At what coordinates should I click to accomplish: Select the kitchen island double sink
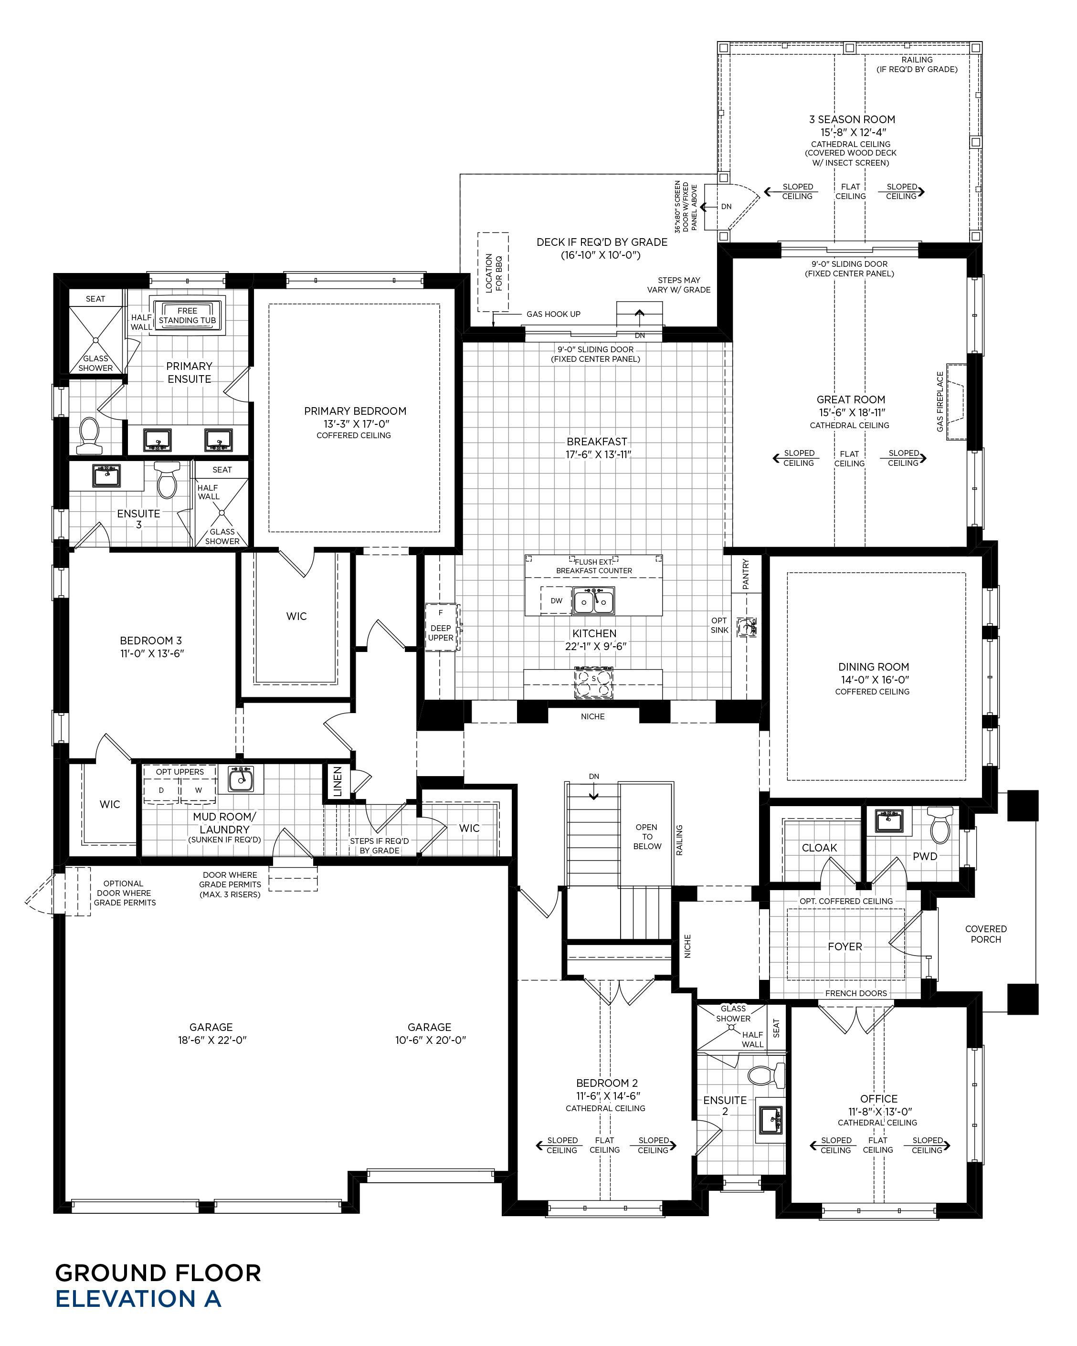[594, 601]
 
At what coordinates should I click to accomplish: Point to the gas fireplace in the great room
[955, 401]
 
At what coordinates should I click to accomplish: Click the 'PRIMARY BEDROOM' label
[355, 411]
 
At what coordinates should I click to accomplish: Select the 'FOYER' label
[845, 946]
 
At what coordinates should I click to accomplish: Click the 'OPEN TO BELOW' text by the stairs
[647, 837]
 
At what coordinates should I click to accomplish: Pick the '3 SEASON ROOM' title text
[852, 119]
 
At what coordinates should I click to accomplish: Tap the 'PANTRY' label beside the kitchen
[746, 574]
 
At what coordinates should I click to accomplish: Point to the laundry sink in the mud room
[241, 779]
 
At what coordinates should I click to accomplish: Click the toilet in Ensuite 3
[167, 480]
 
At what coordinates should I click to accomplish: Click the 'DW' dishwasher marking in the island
[556, 601]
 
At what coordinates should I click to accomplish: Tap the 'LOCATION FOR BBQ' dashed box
[493, 272]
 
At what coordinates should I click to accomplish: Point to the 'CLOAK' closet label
[819, 848]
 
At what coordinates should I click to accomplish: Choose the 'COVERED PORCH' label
[986, 934]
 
